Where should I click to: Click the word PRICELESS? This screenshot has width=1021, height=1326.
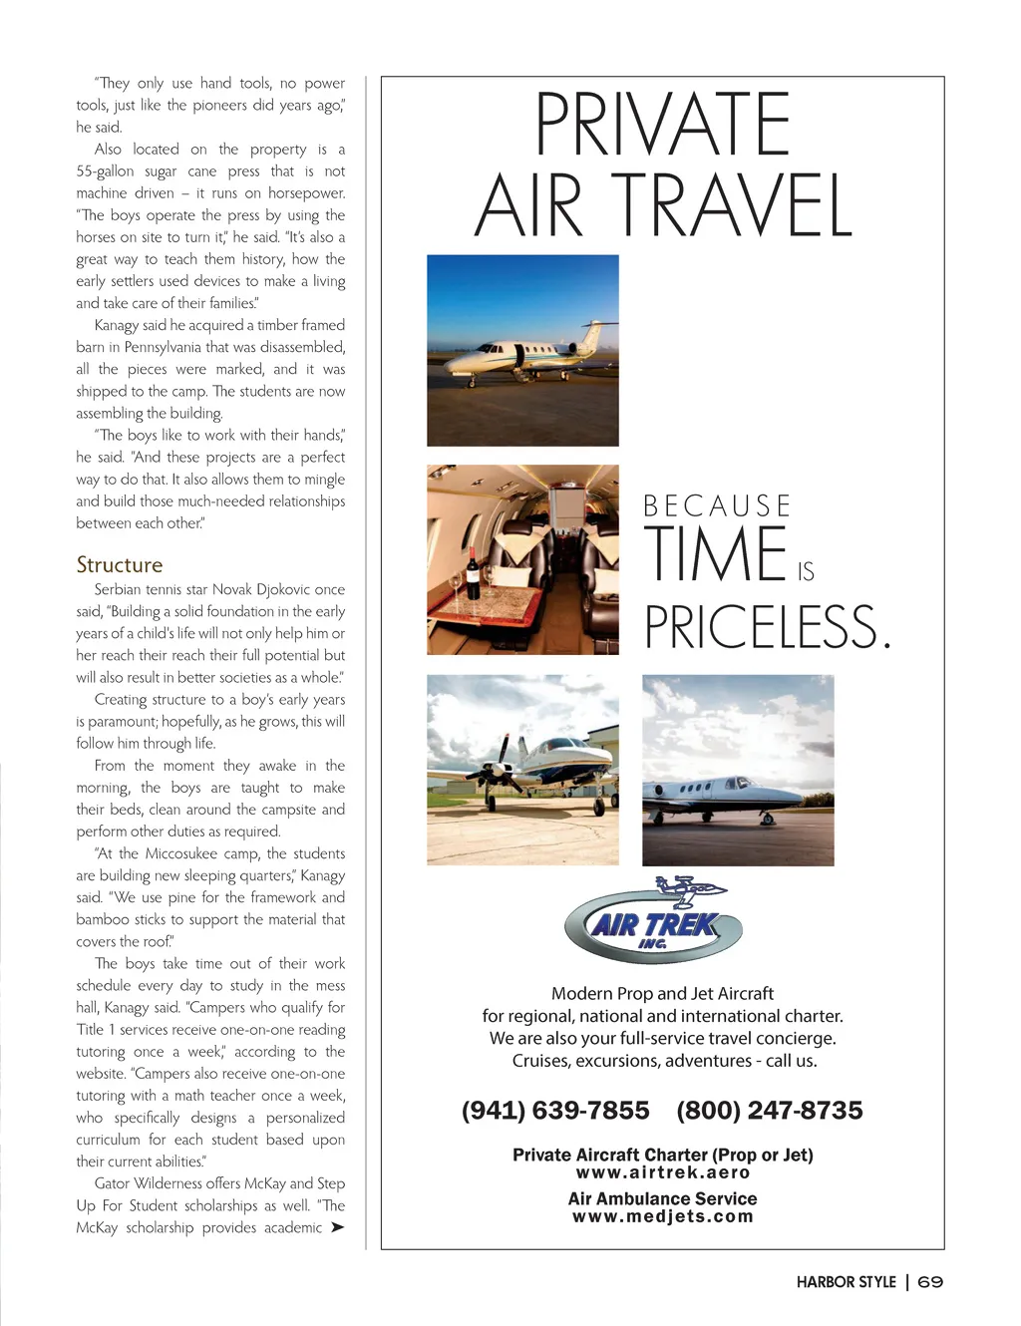pos(766,627)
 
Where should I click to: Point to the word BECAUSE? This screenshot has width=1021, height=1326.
pos(716,506)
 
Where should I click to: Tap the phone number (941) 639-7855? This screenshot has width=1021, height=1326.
pos(555,1111)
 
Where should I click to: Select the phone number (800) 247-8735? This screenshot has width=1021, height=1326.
pos(770,1111)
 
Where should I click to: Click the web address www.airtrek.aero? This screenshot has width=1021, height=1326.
pos(663,1172)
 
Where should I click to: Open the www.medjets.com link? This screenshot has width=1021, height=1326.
pos(663,1216)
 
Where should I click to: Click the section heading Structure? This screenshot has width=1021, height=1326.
pos(120,565)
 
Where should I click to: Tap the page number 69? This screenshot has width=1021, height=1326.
pos(930,1282)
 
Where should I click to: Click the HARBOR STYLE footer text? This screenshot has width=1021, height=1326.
pos(846,1282)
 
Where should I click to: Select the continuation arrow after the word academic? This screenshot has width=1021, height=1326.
pos(337,1227)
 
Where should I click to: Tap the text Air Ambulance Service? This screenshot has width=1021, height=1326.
pos(663,1198)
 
